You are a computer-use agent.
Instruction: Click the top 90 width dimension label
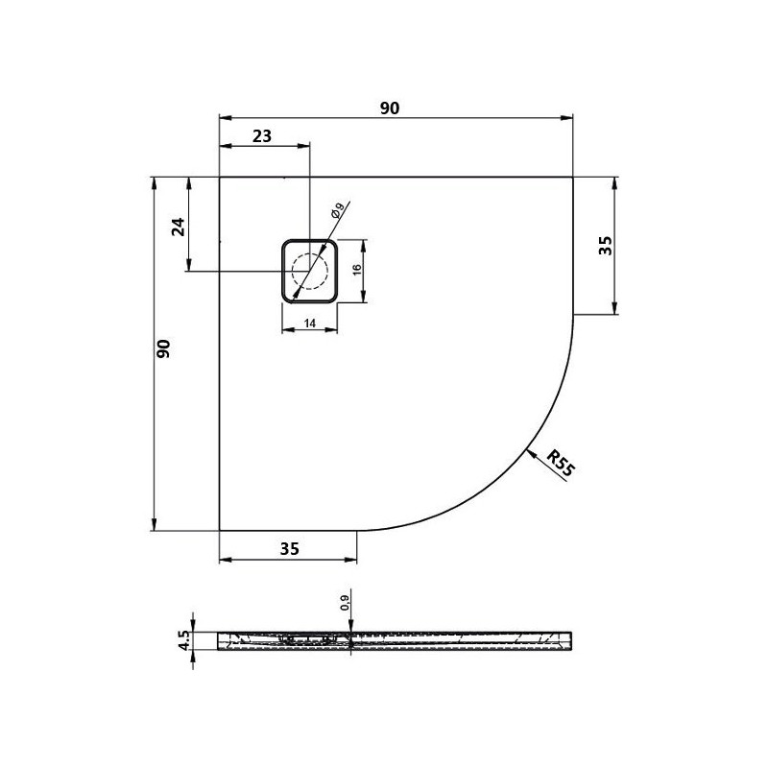pos(390,108)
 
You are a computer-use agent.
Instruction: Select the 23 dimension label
pos(262,135)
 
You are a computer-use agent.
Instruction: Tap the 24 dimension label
pos(180,227)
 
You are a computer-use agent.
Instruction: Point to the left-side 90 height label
pos(163,348)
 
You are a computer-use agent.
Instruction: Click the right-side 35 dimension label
pos(606,246)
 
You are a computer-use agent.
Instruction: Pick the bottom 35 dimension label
pos(290,549)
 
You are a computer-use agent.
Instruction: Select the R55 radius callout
pos(560,464)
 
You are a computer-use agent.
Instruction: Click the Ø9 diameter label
pos(338,209)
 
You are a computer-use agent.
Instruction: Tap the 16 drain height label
pos(357,269)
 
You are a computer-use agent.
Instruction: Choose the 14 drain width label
pos(309,324)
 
